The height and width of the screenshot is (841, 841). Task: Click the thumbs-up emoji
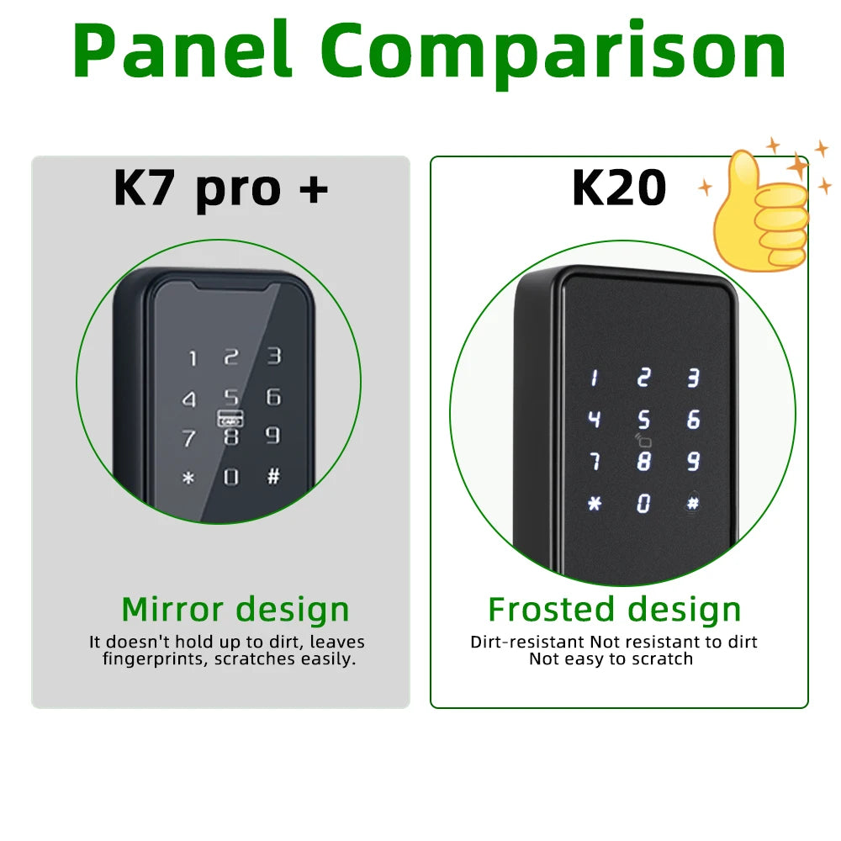click(x=760, y=210)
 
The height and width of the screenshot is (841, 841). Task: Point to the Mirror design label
click(x=235, y=610)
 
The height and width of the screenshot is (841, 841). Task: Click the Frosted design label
click(x=614, y=610)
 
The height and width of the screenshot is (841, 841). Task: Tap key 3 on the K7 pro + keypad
click(x=274, y=356)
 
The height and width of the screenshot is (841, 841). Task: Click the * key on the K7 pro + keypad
click(x=188, y=479)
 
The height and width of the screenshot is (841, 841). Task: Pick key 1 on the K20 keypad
click(x=594, y=378)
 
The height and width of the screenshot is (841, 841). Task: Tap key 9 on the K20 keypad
click(x=693, y=461)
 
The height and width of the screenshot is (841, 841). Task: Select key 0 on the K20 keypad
click(x=643, y=503)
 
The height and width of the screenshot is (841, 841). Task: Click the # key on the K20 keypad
click(x=693, y=503)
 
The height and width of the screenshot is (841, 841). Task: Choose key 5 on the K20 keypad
click(x=643, y=419)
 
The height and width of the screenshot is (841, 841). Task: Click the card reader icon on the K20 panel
click(x=643, y=438)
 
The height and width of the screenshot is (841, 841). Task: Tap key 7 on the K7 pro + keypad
click(x=189, y=438)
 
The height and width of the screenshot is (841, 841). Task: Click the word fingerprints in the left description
click(x=156, y=659)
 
